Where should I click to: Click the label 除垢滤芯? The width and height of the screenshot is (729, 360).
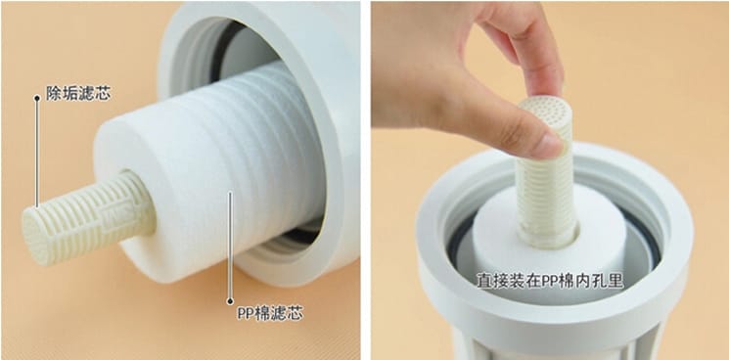point(78,93)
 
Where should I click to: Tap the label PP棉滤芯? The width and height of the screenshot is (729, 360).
point(270,314)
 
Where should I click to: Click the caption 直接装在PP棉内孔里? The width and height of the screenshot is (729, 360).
point(550,281)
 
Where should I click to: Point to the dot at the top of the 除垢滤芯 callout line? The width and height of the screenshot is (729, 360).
point(37,98)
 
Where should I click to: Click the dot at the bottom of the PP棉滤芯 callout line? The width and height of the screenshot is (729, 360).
point(230,301)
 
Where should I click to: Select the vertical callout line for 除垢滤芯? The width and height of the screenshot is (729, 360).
point(37,152)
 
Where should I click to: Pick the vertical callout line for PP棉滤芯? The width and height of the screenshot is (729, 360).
point(230,247)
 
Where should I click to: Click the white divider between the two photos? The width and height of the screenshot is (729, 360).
point(365,180)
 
